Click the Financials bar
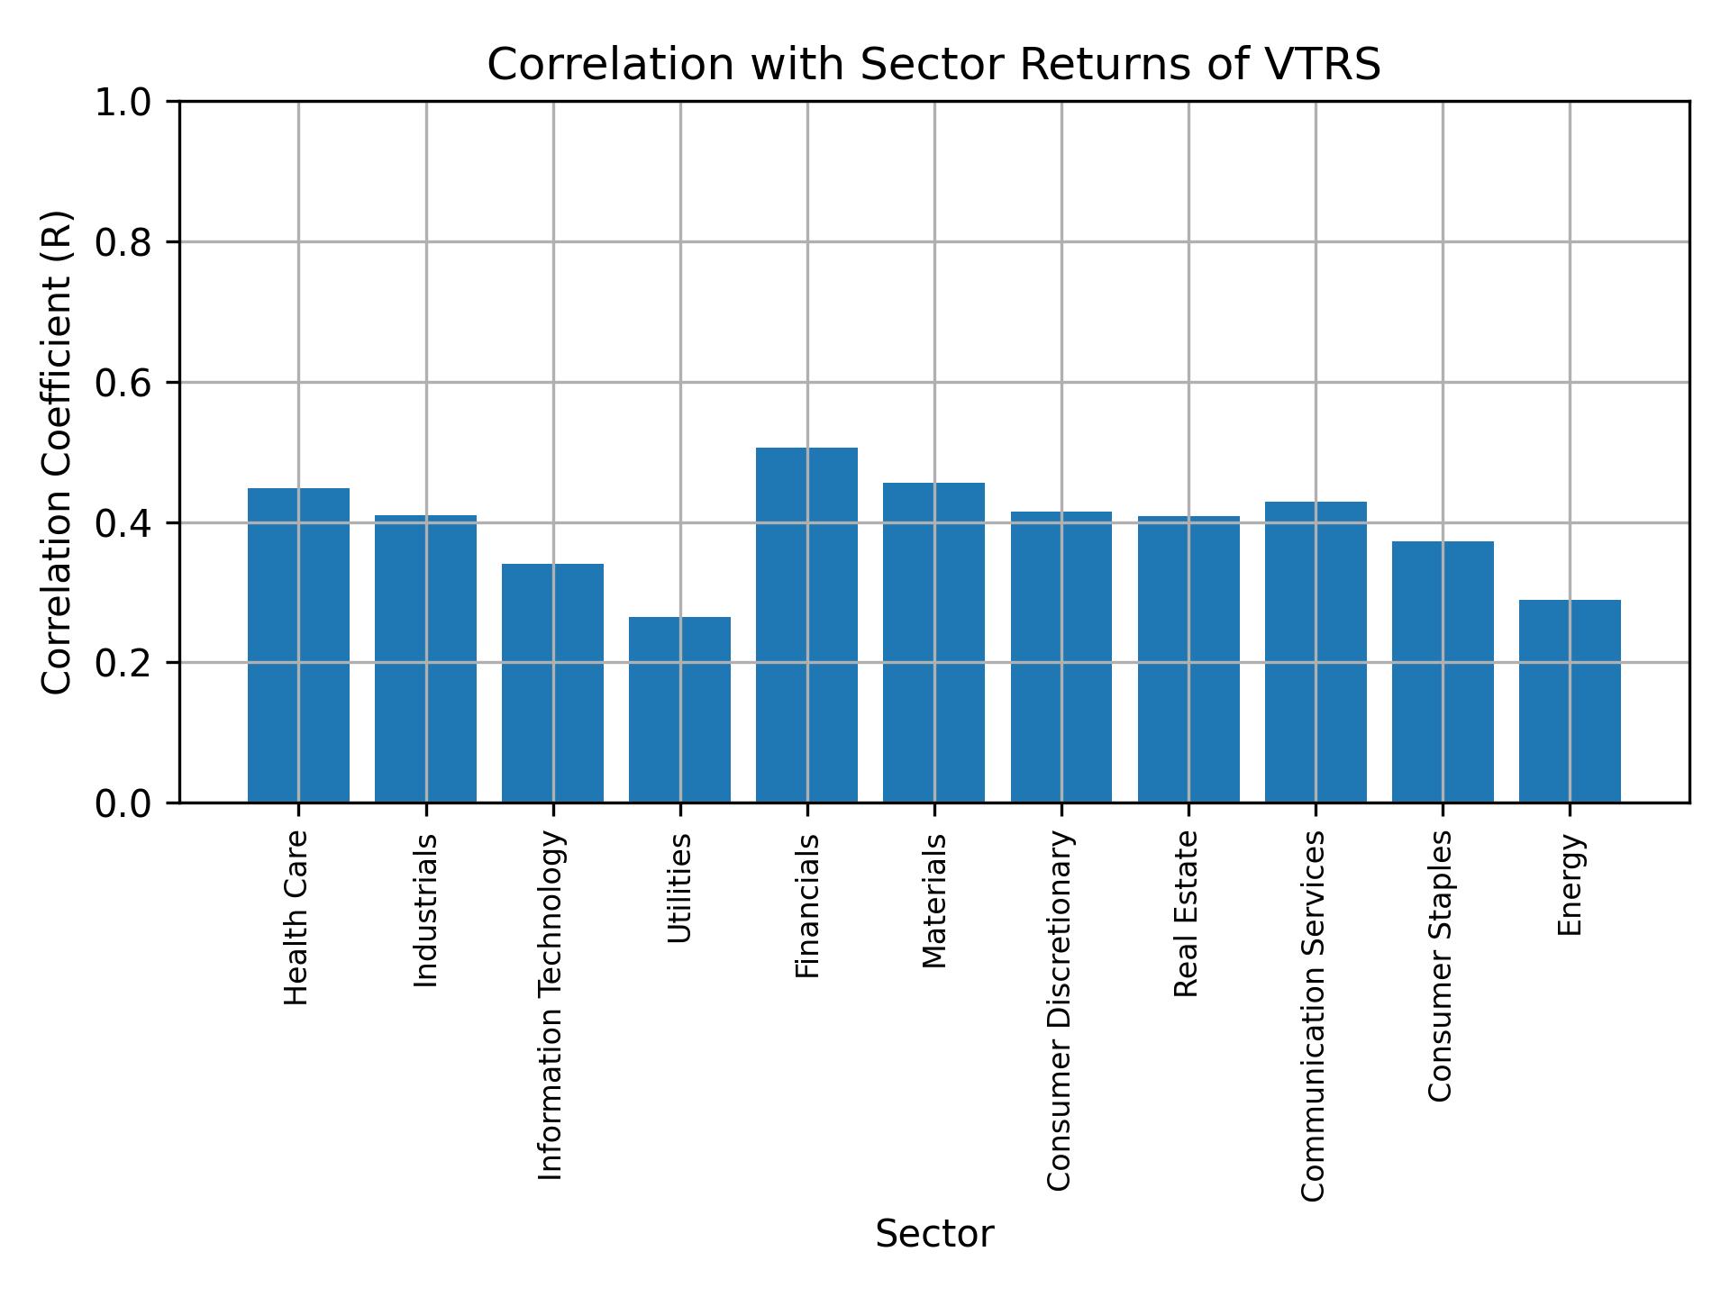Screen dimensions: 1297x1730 tap(806, 625)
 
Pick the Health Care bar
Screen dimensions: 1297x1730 tap(298, 645)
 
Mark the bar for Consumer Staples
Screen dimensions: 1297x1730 tap(1443, 672)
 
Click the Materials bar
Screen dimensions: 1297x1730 tap(933, 642)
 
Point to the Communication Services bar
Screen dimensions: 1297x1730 tap(1316, 652)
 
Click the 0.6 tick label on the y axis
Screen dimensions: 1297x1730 tap(124, 383)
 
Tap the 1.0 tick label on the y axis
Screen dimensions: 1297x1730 tap(124, 102)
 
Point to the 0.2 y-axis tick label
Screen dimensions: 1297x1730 tap(124, 663)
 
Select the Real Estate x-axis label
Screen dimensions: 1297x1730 tap(1187, 913)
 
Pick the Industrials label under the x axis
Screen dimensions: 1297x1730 tap(425, 910)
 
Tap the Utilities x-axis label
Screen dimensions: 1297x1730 tap(680, 888)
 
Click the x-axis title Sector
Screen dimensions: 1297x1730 tap(934, 1234)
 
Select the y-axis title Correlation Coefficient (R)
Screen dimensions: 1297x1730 tap(58, 452)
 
